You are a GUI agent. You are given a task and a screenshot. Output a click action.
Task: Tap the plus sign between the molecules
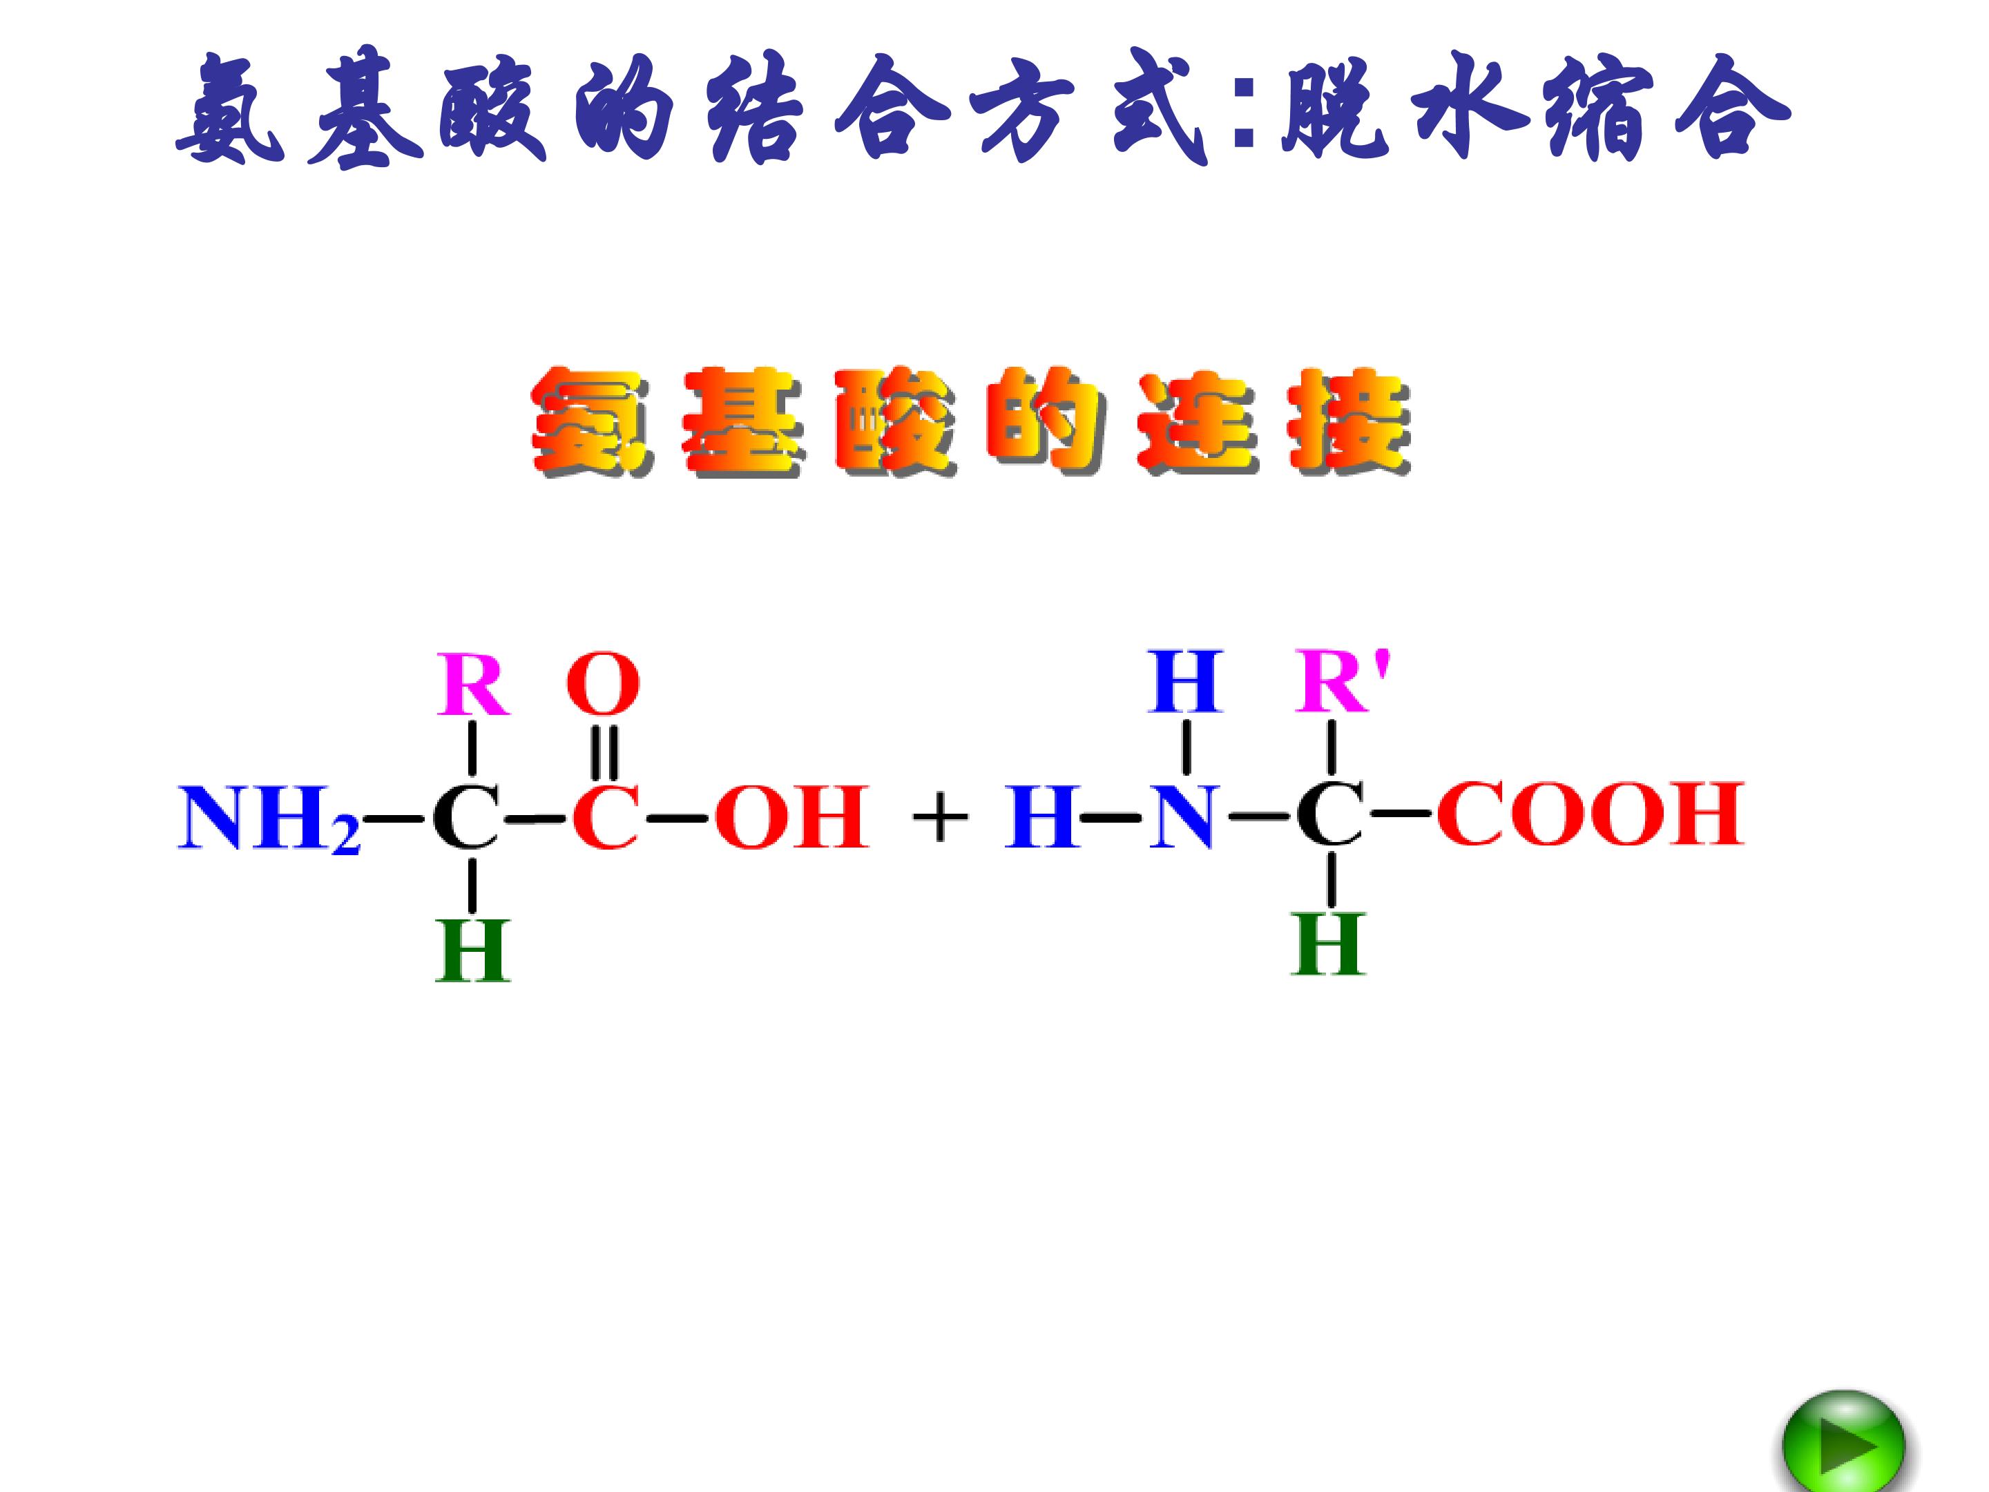(x=940, y=819)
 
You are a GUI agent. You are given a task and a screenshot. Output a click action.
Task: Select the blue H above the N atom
(x=1185, y=681)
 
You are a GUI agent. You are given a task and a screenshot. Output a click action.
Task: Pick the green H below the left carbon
(x=473, y=950)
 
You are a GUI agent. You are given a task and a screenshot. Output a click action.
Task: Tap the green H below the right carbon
(x=1328, y=945)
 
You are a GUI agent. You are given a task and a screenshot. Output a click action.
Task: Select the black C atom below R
(x=465, y=818)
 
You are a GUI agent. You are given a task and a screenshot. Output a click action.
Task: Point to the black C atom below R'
(x=1330, y=816)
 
